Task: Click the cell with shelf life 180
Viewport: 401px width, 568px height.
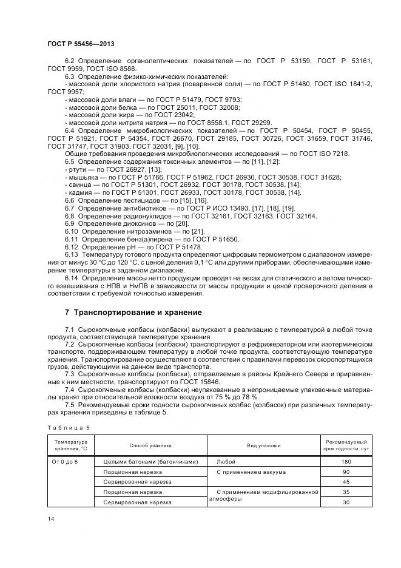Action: [346, 461]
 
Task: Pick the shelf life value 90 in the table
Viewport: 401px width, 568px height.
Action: [346, 472]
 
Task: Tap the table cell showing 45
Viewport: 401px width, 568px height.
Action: [346, 482]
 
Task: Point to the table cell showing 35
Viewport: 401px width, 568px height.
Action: [346, 492]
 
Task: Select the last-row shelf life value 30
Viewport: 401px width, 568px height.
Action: [346, 502]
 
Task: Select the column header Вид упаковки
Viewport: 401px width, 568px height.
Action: [263, 445]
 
